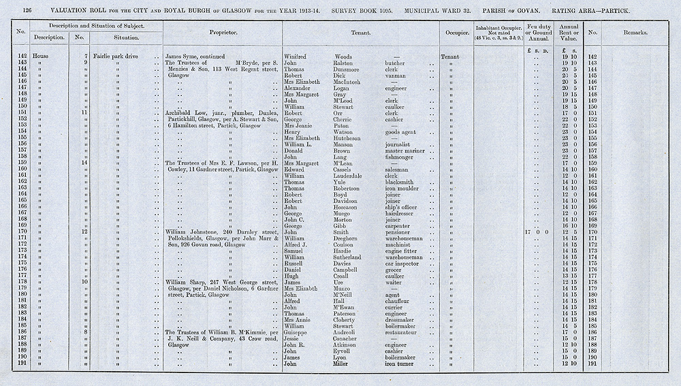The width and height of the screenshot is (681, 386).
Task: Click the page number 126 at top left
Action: (x=28, y=11)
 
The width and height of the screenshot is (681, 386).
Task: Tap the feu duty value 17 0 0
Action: (x=537, y=232)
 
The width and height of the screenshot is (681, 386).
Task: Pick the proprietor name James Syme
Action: (x=180, y=57)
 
